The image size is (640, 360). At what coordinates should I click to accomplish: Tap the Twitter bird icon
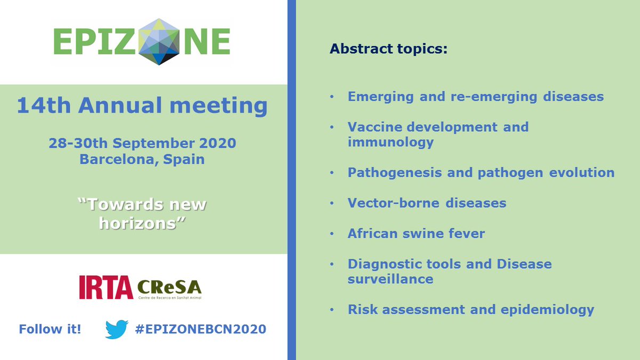pos(117,330)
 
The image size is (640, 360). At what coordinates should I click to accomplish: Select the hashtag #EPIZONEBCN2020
pos(201,330)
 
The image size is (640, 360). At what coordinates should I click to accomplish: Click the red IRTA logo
pos(106,287)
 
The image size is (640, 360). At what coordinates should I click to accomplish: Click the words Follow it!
pos(50,330)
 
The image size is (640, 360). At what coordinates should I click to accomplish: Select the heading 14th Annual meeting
pos(142,106)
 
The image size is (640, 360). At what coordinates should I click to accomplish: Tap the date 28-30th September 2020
pos(142,143)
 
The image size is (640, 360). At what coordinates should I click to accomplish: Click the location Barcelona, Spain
pos(142,159)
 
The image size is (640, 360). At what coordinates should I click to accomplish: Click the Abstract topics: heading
pos(388,49)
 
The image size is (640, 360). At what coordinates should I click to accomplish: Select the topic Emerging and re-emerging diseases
pos(475,97)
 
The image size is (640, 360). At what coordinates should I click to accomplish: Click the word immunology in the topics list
pos(390,142)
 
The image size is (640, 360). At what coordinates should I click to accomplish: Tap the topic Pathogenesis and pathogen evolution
pos(481,173)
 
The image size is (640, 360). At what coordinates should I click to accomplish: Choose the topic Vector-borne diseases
pos(427,203)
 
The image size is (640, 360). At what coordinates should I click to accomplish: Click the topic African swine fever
pos(416,234)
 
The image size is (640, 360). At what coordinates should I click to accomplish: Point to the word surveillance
pos(390,279)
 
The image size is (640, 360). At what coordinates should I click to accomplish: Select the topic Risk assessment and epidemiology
pos(470,309)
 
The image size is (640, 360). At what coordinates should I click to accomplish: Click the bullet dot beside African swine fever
pos(332,234)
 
